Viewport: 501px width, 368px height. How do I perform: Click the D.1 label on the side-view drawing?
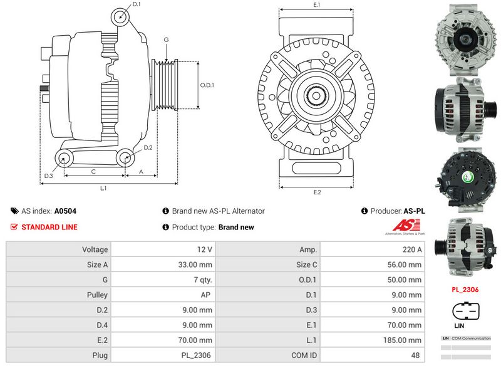click(x=137, y=5)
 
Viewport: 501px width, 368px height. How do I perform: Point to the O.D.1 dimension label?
click(x=207, y=85)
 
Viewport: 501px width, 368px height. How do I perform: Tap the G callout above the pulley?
click(x=166, y=40)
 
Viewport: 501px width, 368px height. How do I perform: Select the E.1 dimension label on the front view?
click(x=317, y=5)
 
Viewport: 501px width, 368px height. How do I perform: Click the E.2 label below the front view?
click(x=317, y=192)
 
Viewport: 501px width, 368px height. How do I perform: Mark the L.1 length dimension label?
click(x=103, y=188)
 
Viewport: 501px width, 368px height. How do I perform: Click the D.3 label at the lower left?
click(x=48, y=176)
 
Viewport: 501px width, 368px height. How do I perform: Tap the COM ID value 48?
click(x=416, y=355)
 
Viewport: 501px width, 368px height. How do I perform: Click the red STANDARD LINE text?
click(x=49, y=227)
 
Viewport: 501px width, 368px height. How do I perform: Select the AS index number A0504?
click(x=65, y=211)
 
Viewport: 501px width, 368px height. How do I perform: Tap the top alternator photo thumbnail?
click(x=465, y=36)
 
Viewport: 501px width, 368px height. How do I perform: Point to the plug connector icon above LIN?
click(x=465, y=311)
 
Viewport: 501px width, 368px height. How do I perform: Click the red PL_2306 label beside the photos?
click(x=465, y=290)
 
